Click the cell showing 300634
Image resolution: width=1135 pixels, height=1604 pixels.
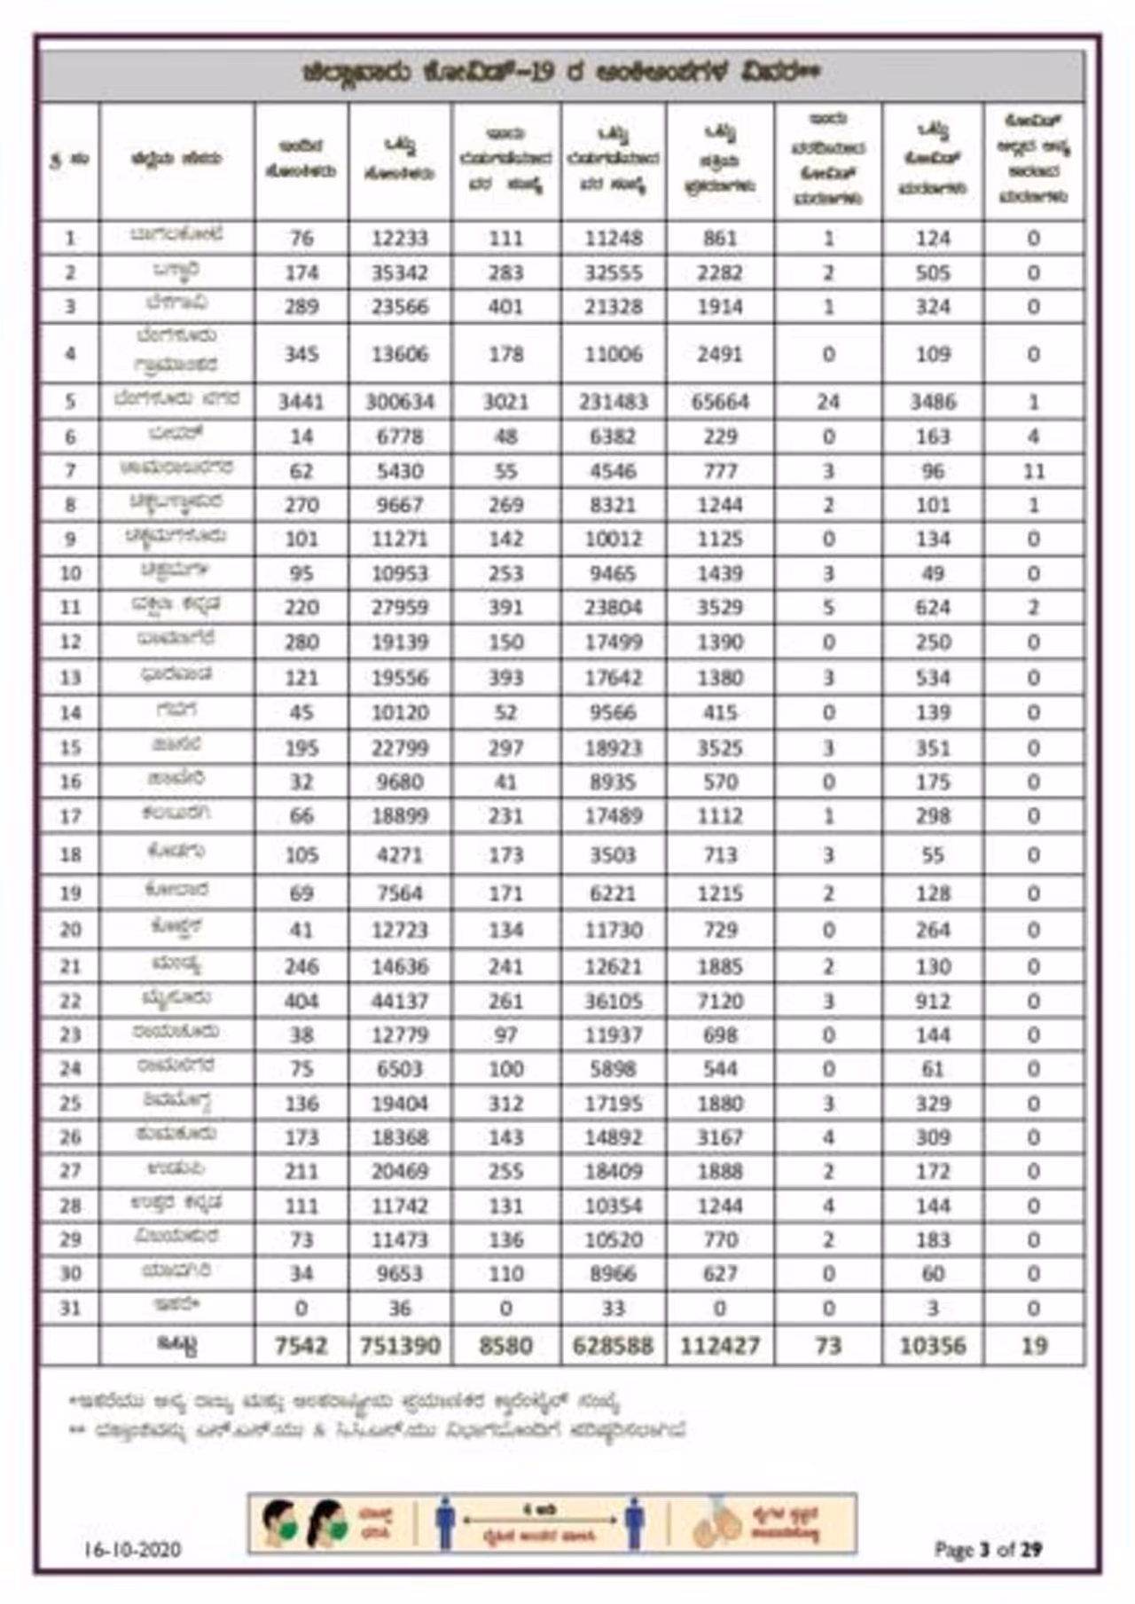pos(400,402)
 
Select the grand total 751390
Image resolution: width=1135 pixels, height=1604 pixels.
pos(400,1346)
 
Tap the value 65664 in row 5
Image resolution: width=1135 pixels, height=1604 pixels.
pos(720,402)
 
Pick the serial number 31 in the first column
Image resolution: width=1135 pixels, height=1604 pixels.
pos(70,1309)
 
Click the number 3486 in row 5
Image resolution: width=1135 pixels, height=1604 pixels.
pos(933,402)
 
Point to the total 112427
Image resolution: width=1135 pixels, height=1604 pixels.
pos(720,1346)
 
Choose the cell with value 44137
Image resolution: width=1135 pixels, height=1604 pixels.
pos(400,1002)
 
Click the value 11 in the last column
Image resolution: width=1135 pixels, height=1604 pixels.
pos(1034,471)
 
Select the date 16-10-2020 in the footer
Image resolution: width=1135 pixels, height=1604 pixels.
pos(133,1550)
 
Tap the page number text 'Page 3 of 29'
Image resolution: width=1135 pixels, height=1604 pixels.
pos(988,1550)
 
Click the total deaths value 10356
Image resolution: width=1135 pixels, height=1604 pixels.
pos(933,1346)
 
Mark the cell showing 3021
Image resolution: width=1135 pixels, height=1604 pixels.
pos(505,402)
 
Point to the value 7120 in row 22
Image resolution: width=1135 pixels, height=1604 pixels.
pos(720,1002)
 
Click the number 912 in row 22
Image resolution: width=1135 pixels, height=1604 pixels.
pos(933,1002)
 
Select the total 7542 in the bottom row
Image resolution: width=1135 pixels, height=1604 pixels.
pos(301,1346)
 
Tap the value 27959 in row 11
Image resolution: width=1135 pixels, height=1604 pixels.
pos(400,608)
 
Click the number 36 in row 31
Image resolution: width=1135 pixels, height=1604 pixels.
pos(400,1309)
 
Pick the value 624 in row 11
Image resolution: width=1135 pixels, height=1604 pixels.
pos(933,608)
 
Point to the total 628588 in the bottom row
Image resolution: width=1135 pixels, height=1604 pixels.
pos(613,1346)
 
